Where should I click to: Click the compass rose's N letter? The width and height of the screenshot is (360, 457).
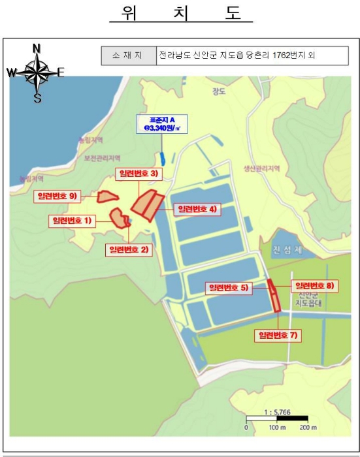pos(37,48)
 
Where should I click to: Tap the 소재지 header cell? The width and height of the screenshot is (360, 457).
pos(129,55)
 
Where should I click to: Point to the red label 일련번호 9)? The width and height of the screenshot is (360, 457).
pos(57,195)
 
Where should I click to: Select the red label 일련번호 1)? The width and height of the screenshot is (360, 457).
pos(73,221)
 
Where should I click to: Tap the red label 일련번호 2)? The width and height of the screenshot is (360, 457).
pos(129,249)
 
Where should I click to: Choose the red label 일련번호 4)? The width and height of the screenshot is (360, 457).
pos(197,210)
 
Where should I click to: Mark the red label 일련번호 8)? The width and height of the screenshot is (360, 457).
pos(315,285)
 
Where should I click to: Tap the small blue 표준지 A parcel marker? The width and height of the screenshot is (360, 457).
pos(161,159)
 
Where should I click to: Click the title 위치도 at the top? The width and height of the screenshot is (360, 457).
pos(180,14)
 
